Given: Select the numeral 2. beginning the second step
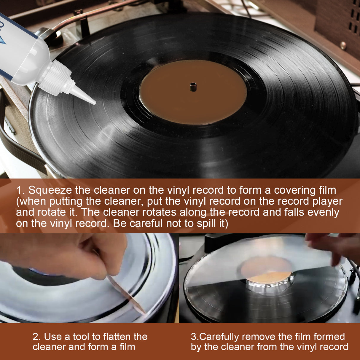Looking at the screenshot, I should (x=37, y=337).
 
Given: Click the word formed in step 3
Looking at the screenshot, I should (x=329, y=337).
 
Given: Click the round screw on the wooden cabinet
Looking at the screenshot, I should (x=343, y=45).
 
